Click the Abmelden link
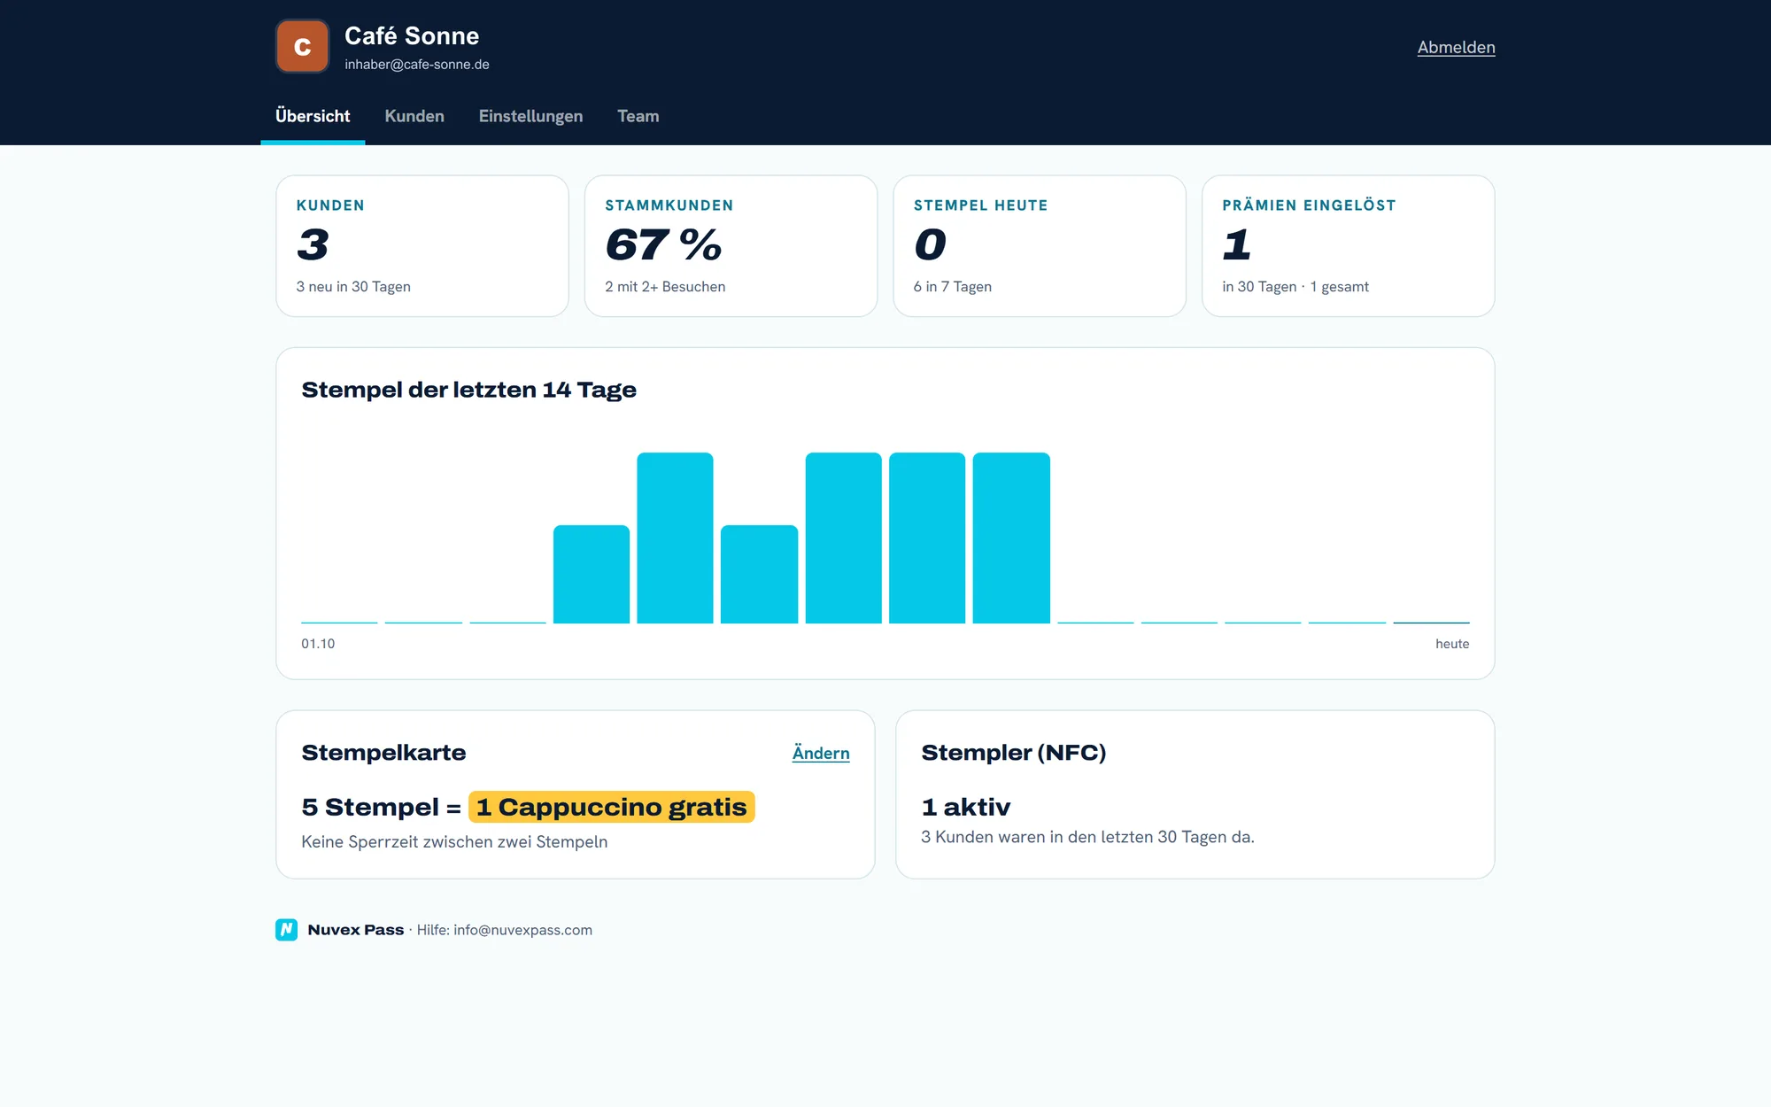coord(1456,48)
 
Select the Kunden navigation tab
coord(414,116)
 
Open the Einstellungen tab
coord(530,116)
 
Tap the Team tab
coord(638,116)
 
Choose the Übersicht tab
coord(313,116)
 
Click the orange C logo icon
coord(302,46)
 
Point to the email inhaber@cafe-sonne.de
coord(417,65)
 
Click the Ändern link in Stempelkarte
coord(821,753)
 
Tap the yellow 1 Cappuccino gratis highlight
coord(612,807)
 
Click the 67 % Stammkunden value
coord(663,244)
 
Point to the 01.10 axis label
coord(318,644)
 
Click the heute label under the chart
coord(1452,644)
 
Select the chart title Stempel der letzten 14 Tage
coord(468,390)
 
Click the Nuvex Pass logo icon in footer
coord(286,930)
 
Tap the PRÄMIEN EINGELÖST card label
coord(1309,205)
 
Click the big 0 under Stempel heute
coord(930,244)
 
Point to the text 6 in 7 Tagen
coord(952,287)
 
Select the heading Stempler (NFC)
coord(1013,753)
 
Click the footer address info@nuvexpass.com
coord(522,930)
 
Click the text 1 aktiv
coord(965,807)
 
